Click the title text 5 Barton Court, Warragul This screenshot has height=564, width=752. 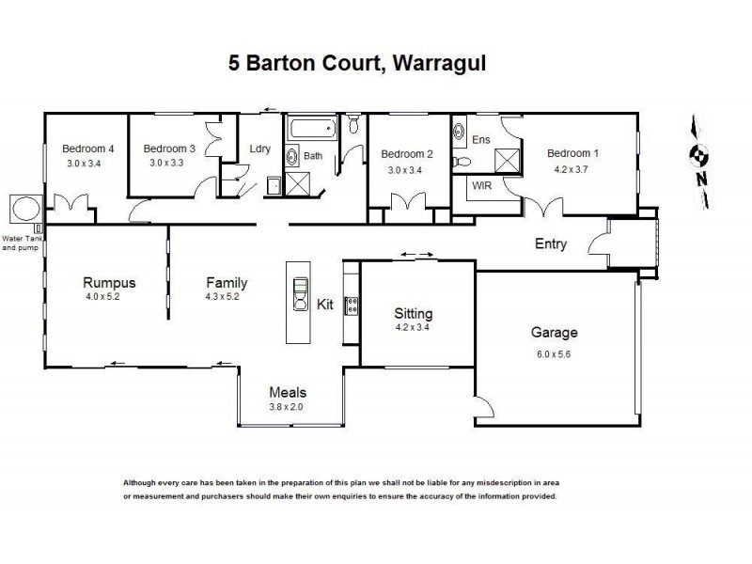click(x=358, y=64)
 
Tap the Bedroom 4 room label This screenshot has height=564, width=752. click(x=88, y=149)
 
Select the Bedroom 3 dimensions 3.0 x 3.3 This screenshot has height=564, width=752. click(x=169, y=163)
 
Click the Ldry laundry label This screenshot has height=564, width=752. click(x=259, y=149)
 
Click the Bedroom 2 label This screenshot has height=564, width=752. click(x=406, y=154)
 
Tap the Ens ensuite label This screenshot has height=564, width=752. click(x=481, y=139)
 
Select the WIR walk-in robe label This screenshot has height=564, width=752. click(x=482, y=185)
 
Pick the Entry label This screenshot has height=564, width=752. click(x=551, y=244)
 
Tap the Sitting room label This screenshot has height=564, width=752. click(x=413, y=314)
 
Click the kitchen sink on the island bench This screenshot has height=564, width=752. click(x=299, y=293)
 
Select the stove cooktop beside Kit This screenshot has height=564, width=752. click(x=352, y=305)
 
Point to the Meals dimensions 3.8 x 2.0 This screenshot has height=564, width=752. click(x=287, y=406)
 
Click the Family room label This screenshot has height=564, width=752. click(x=227, y=283)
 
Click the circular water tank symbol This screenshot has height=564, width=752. click(x=23, y=206)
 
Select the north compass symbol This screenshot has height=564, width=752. click(x=698, y=157)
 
